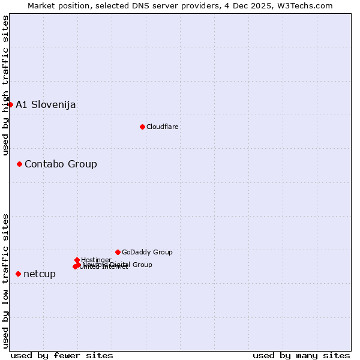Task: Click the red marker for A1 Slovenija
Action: (x=10, y=104)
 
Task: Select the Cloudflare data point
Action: (x=142, y=127)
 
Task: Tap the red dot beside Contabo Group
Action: (x=19, y=164)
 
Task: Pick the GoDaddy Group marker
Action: (x=118, y=252)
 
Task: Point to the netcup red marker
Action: (x=18, y=274)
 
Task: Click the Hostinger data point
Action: (x=77, y=260)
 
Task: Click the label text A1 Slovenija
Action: (x=46, y=104)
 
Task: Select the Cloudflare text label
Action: (x=163, y=127)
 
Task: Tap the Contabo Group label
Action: (x=61, y=164)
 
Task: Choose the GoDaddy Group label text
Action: (x=147, y=252)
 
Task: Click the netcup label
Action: (x=40, y=274)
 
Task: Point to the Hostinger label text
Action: (x=96, y=260)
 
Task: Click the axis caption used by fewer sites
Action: (x=62, y=355)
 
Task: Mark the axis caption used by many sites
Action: (x=301, y=355)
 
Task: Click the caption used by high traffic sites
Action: (x=5, y=85)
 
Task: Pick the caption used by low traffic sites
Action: (x=5, y=280)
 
